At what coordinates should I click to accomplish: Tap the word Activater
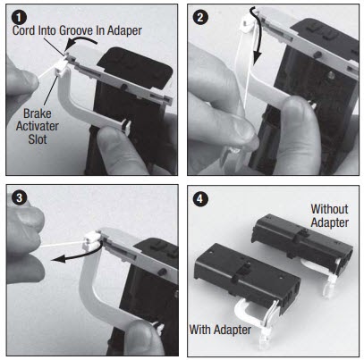pos(38,129)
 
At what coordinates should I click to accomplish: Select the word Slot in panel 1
pos(38,143)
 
